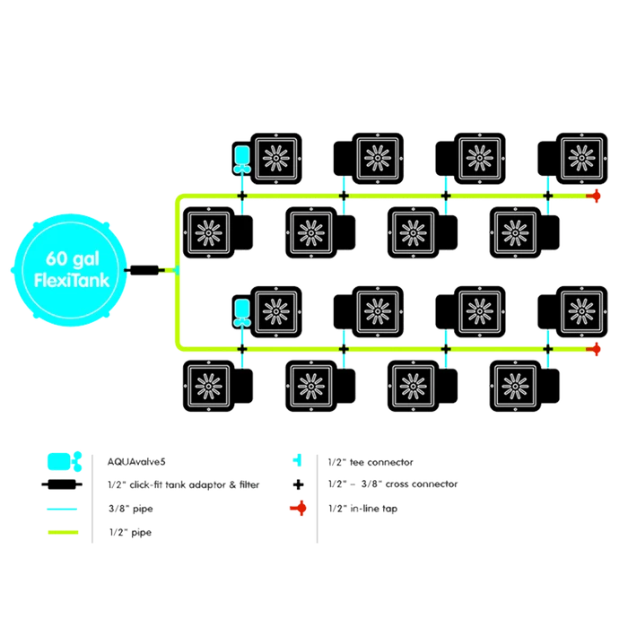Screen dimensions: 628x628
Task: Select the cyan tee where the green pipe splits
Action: tap(174, 268)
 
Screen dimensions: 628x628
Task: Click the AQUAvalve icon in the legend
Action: tap(61, 460)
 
